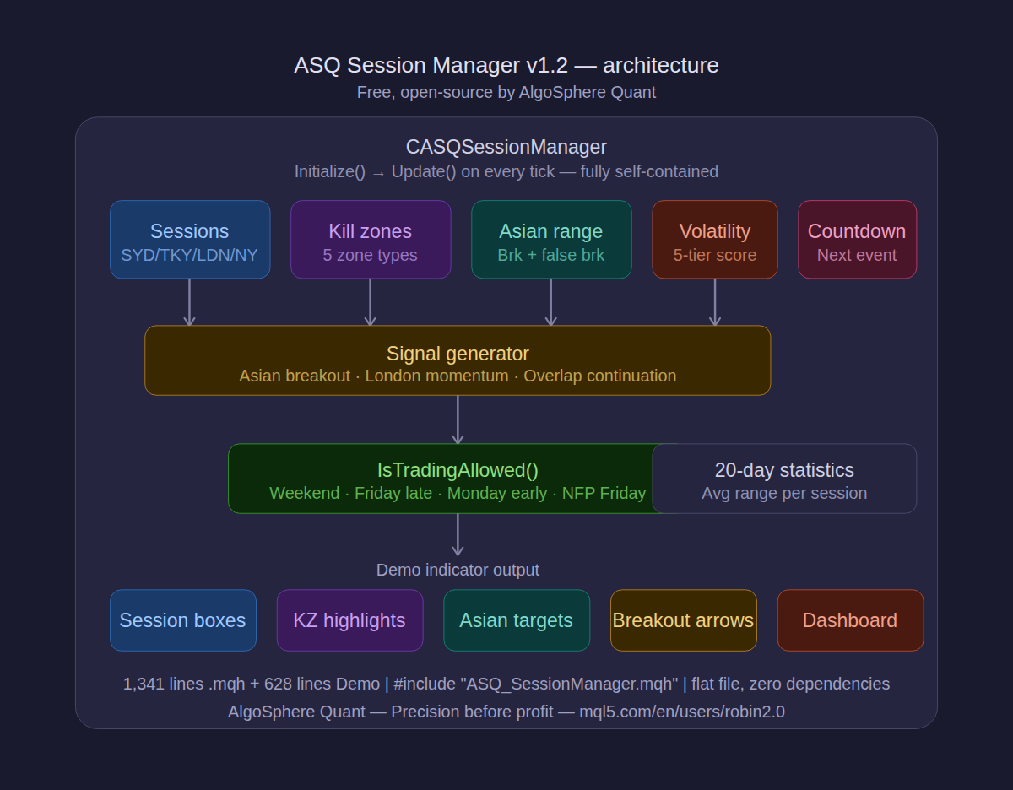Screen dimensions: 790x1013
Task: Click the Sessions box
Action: (190, 240)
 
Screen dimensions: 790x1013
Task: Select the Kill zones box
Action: (371, 240)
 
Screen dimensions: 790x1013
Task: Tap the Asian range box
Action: (551, 240)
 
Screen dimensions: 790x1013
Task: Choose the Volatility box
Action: (715, 240)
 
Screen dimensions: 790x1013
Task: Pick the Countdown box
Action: (857, 240)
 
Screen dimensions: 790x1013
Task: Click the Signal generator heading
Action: (458, 354)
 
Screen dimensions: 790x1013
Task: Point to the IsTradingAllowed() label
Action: (458, 470)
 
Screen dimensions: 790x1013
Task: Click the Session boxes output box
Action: (183, 620)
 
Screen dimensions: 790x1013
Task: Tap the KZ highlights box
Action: (349, 620)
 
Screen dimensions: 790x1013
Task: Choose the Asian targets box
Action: (517, 620)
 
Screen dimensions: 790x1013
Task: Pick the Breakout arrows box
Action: (683, 620)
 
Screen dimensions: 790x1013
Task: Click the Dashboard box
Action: (850, 620)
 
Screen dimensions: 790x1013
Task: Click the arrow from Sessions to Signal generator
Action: (189, 302)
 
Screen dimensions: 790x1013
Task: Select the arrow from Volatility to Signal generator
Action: (715, 302)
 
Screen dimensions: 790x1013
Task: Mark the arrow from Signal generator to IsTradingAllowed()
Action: (458, 419)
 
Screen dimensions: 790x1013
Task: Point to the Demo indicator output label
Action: (458, 570)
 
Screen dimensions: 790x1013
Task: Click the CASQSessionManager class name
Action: (506, 147)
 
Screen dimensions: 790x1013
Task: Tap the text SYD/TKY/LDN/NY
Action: (190, 255)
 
